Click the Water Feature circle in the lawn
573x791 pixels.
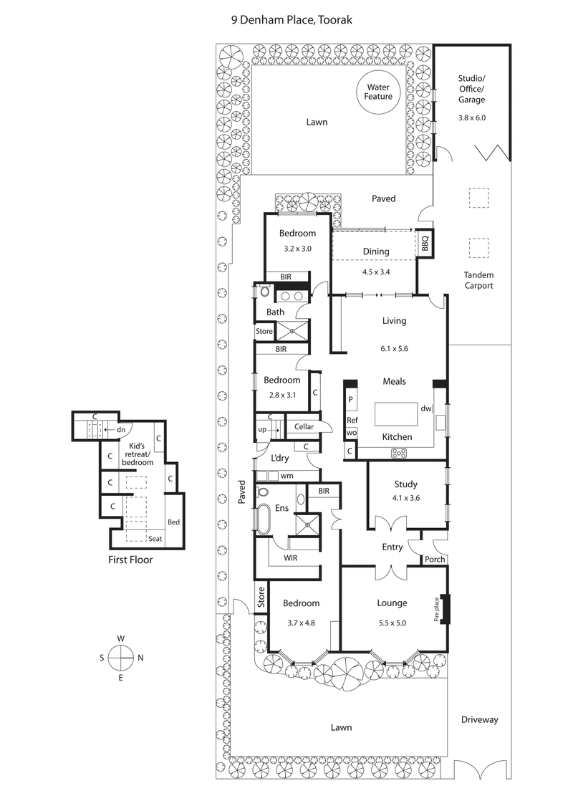tap(377, 91)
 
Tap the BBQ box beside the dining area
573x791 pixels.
tap(424, 244)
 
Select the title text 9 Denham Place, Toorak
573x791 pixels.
tap(286, 21)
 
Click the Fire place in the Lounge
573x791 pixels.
tap(445, 609)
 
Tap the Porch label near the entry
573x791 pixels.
tap(435, 560)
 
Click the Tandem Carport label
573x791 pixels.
tap(478, 280)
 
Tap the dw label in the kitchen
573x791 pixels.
tap(425, 408)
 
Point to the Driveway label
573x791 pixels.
tap(478, 719)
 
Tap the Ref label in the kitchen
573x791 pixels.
tap(352, 421)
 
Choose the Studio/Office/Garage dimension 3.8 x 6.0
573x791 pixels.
tap(471, 117)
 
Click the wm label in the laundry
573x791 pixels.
tap(286, 476)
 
